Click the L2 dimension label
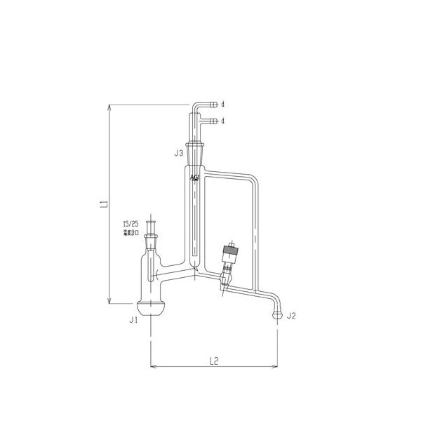point(215,361)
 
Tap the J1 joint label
point(133,320)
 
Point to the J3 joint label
point(180,152)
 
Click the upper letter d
point(222,104)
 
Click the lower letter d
point(222,121)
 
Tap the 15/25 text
point(131,225)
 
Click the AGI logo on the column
point(194,179)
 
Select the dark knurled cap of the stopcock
point(229,249)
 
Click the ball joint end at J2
point(278,316)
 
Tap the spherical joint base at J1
point(152,309)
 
